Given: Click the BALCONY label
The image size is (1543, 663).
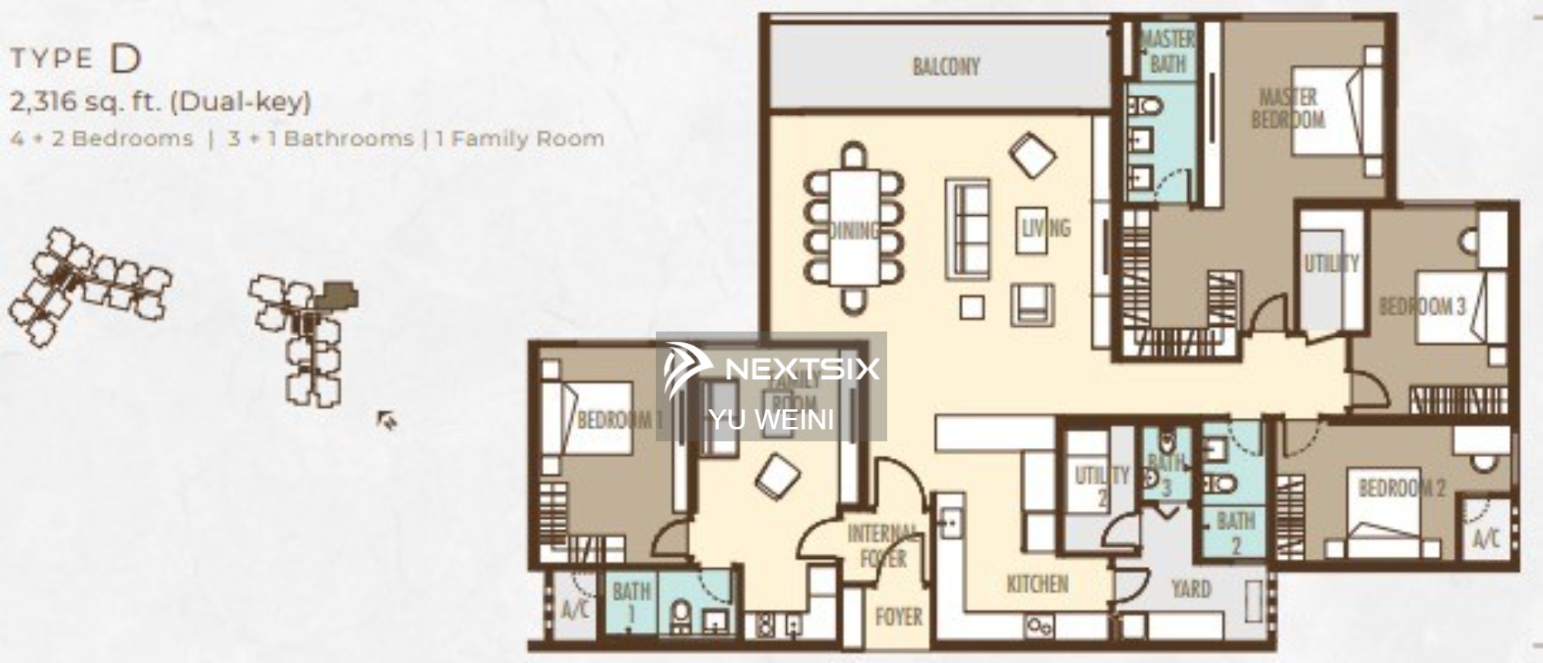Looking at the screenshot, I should tap(946, 67).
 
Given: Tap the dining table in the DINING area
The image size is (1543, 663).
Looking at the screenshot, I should tap(854, 227).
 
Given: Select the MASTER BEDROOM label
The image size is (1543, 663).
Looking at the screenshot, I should tap(1288, 109).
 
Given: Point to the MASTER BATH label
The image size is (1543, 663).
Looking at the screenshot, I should tap(1167, 52).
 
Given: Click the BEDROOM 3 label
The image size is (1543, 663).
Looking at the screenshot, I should tap(1421, 307).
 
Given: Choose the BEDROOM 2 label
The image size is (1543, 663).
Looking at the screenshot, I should tap(1401, 488).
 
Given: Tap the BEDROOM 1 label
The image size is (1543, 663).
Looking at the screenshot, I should tap(620, 420).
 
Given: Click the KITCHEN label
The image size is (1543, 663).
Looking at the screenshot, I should tap(1037, 584).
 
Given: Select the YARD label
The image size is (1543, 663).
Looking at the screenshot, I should tap(1190, 590).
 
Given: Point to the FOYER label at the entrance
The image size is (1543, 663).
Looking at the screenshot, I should tap(899, 617).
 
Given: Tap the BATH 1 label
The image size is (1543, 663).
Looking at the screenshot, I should tap(631, 602).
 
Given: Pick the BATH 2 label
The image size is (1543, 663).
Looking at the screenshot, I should tap(1235, 532).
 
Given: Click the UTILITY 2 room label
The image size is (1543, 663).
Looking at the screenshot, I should tap(1101, 486).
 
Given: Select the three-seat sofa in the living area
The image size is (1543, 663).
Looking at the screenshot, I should tap(967, 228).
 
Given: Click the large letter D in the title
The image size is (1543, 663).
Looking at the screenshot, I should tap(126, 59).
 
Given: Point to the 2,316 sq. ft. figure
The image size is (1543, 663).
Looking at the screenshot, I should tap(84, 101).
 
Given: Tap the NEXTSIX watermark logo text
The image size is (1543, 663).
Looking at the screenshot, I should tap(802, 369).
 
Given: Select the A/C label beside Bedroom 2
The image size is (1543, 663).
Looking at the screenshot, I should tap(1486, 537).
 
